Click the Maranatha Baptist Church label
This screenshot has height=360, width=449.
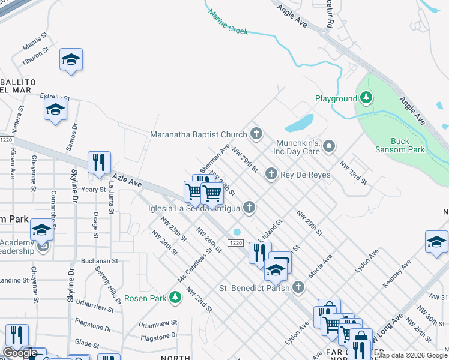tap(199, 134)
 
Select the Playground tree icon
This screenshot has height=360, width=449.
tap(366, 98)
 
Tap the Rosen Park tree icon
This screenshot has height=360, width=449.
tap(175, 297)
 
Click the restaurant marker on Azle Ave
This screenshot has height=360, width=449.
tap(99, 163)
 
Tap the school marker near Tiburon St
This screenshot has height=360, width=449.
tap(71, 59)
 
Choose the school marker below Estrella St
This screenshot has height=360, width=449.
tap(55, 109)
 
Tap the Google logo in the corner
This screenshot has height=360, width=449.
tap(20, 353)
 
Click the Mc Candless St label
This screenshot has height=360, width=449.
tap(195, 264)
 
